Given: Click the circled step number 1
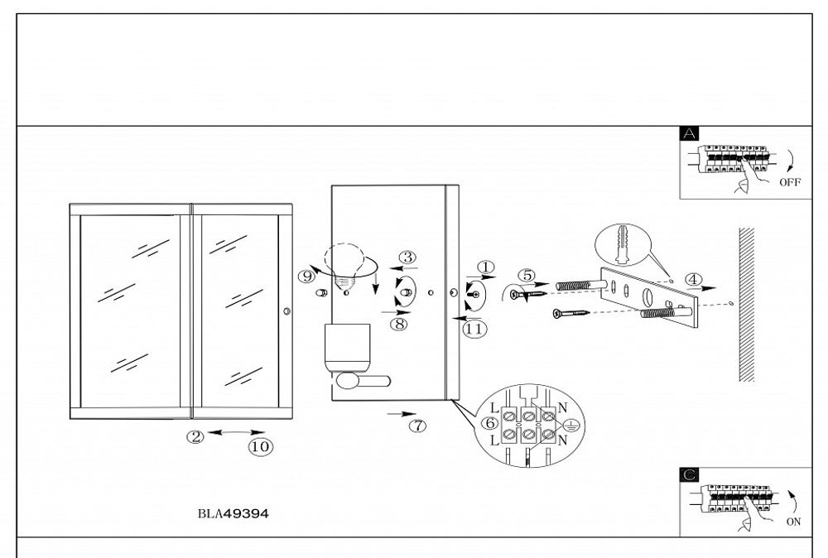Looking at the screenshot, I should pos(486,267).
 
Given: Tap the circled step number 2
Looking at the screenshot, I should pos(196,437).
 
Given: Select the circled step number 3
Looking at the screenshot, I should pos(407,257).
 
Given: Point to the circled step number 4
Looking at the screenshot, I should pos(693,279).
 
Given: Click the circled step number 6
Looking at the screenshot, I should pos(490,423).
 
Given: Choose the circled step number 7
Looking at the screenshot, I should pos(419,426).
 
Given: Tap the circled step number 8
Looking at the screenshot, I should pos(400,324).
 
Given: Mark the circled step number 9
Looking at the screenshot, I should pos(308,275).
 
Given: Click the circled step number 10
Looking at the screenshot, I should pos(260,446).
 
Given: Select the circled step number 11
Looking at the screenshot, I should pos(474,329).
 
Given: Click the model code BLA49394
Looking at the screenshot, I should pos(233,513).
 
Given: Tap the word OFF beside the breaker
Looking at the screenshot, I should pos(791,185).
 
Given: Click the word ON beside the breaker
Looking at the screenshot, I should pos(793,523).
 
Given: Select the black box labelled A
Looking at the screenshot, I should pos(689,133).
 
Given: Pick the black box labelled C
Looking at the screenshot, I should pos(689,474).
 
